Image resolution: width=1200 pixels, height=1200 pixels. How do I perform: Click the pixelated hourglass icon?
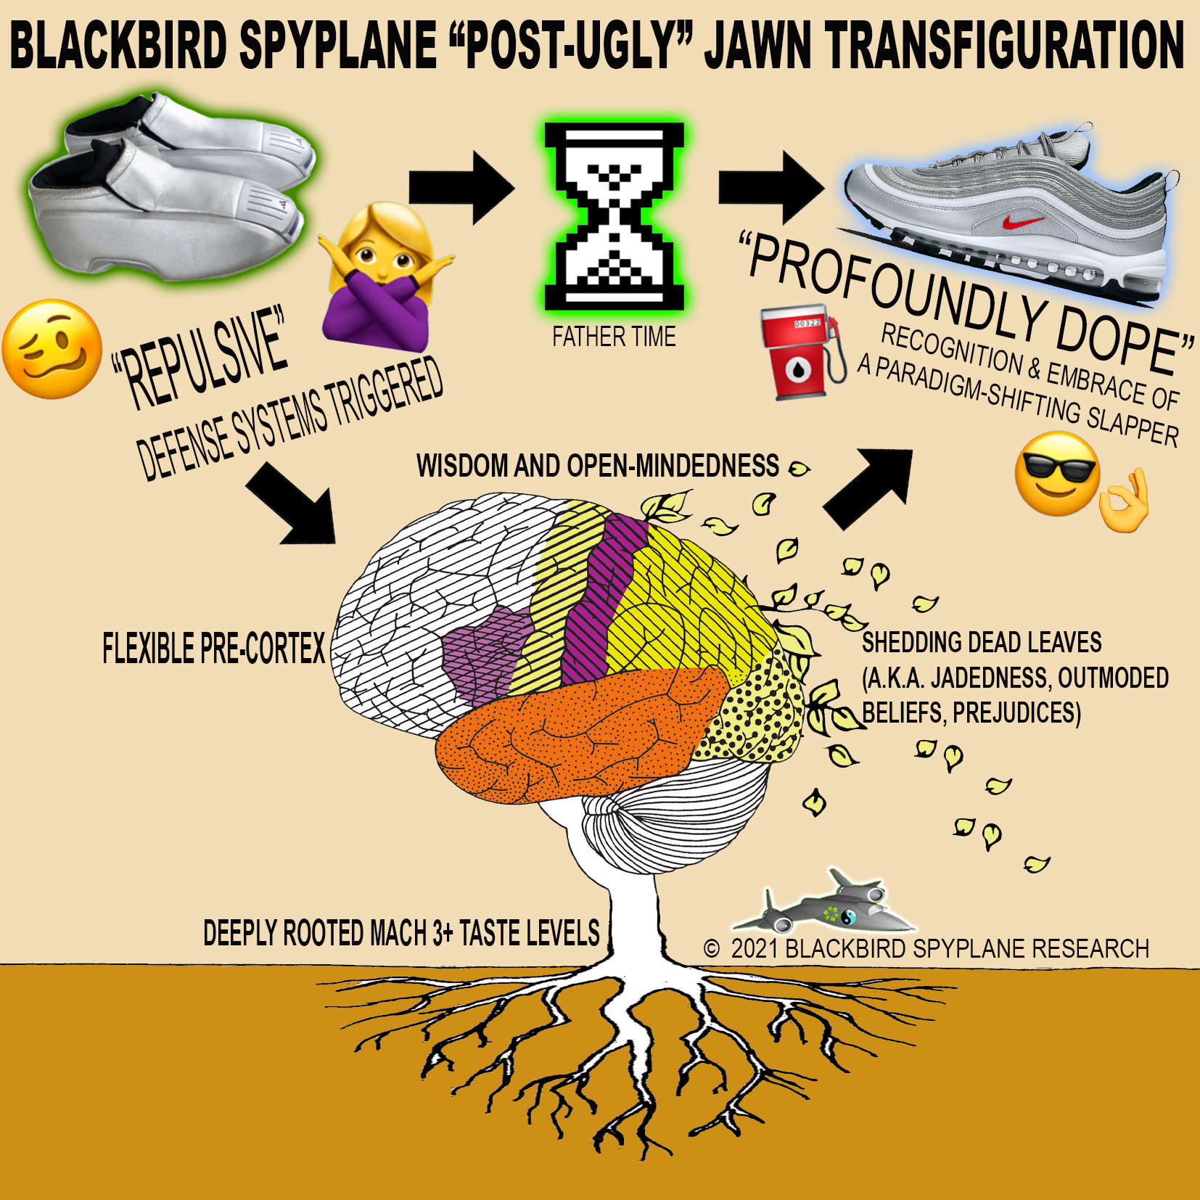pyautogui.click(x=615, y=215)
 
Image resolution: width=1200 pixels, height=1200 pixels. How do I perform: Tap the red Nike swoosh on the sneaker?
pyautogui.click(x=1023, y=220)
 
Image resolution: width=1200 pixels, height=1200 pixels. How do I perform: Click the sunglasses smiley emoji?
pyautogui.click(x=1056, y=474)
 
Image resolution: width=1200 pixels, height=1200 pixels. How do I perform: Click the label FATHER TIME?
pyautogui.click(x=614, y=337)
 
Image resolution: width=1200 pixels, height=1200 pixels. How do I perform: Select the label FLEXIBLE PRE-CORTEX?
pyautogui.click(x=213, y=649)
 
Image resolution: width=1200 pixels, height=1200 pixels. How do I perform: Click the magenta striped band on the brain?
pyautogui.click(x=599, y=595)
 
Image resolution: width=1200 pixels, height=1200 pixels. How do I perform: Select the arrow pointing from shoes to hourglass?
pyautogui.click(x=461, y=188)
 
